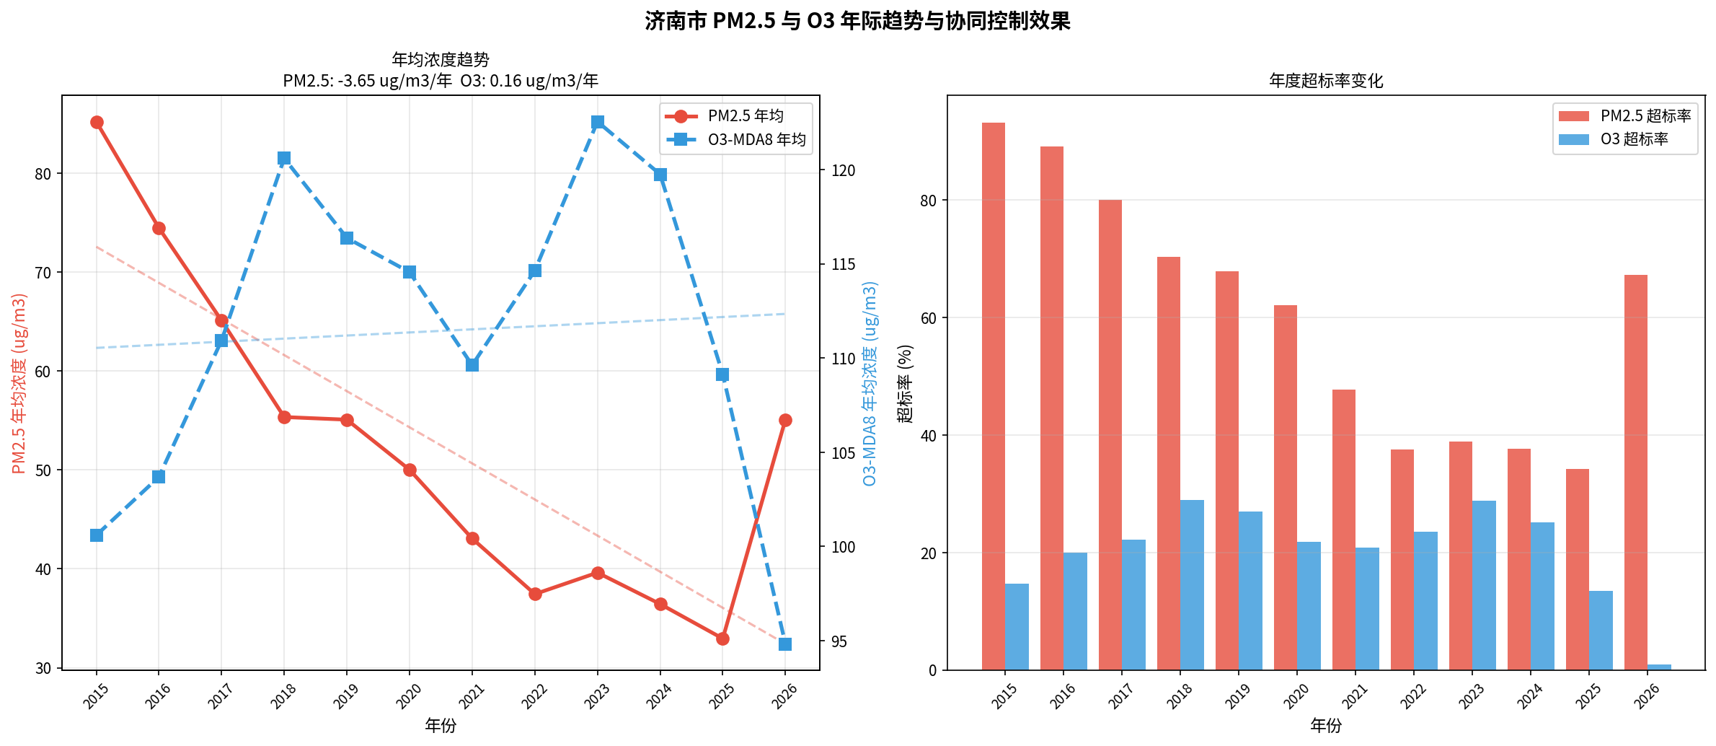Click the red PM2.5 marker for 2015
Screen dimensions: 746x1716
point(97,123)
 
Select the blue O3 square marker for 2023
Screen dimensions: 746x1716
point(598,123)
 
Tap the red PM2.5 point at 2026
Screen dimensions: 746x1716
point(786,421)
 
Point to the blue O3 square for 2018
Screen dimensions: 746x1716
point(284,158)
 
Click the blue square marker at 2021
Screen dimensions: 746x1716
point(472,365)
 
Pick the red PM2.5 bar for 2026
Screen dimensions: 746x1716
point(1636,473)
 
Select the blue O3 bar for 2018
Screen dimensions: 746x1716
point(1192,585)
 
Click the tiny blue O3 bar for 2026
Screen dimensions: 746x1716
point(1659,667)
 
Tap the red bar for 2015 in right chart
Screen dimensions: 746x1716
point(994,397)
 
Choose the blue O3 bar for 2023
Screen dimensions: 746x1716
point(1484,585)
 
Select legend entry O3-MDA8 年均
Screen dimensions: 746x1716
point(756,139)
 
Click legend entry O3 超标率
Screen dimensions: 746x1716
point(1634,139)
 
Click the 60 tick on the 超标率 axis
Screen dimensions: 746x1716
point(928,318)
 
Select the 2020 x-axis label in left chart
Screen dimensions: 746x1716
point(409,695)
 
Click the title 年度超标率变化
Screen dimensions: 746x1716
point(1326,81)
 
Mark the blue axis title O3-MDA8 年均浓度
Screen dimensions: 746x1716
point(870,383)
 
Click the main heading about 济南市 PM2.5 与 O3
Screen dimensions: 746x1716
point(857,21)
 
